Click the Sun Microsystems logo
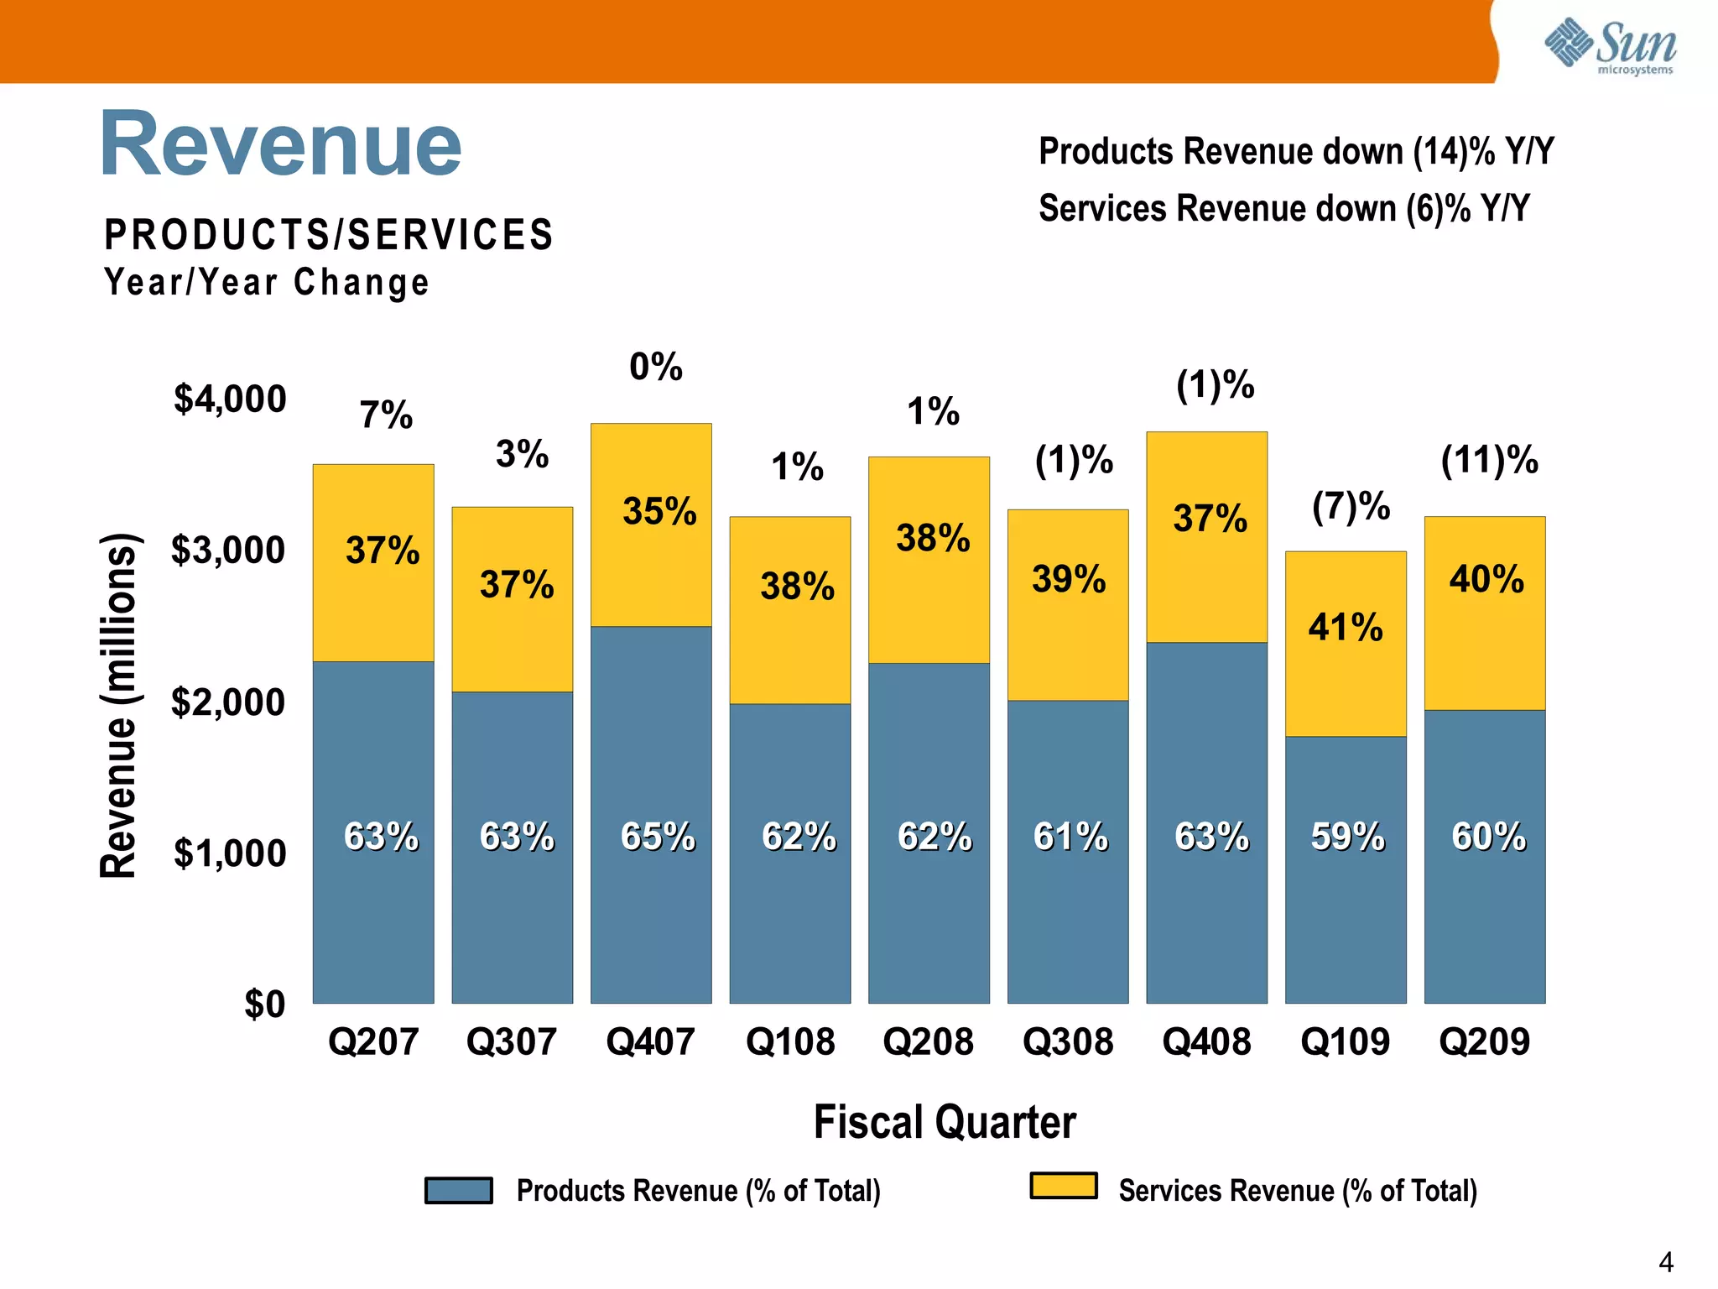pyautogui.click(x=1610, y=46)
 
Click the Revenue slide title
pyautogui.click(x=281, y=144)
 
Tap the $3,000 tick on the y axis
pyautogui.click(x=228, y=551)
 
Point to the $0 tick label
pyautogui.click(x=264, y=1004)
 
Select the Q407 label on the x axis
pyautogui.click(x=650, y=1042)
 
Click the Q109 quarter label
pyautogui.click(x=1345, y=1042)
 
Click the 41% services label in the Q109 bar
pyautogui.click(x=1345, y=627)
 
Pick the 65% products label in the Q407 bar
pyautogui.click(x=658, y=837)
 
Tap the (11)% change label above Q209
pyautogui.click(x=1489, y=460)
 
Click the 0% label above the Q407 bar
pyautogui.click(x=656, y=367)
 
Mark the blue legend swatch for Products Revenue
pyautogui.click(x=458, y=1190)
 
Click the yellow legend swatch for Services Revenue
pyautogui.click(x=1064, y=1186)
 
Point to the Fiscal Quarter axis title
pyautogui.click(x=945, y=1122)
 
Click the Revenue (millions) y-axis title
pyautogui.click(x=118, y=705)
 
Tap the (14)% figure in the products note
pyautogui.click(x=1453, y=152)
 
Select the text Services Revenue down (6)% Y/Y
pyautogui.click(x=1283, y=208)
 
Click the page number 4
pyautogui.click(x=1665, y=1262)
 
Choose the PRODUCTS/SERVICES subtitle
pyautogui.click(x=328, y=234)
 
